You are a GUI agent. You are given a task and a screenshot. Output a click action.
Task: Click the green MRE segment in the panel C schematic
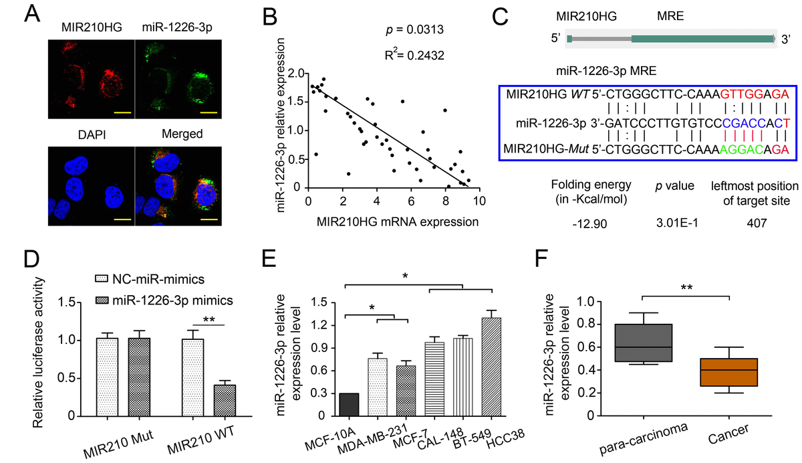click(x=702, y=39)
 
